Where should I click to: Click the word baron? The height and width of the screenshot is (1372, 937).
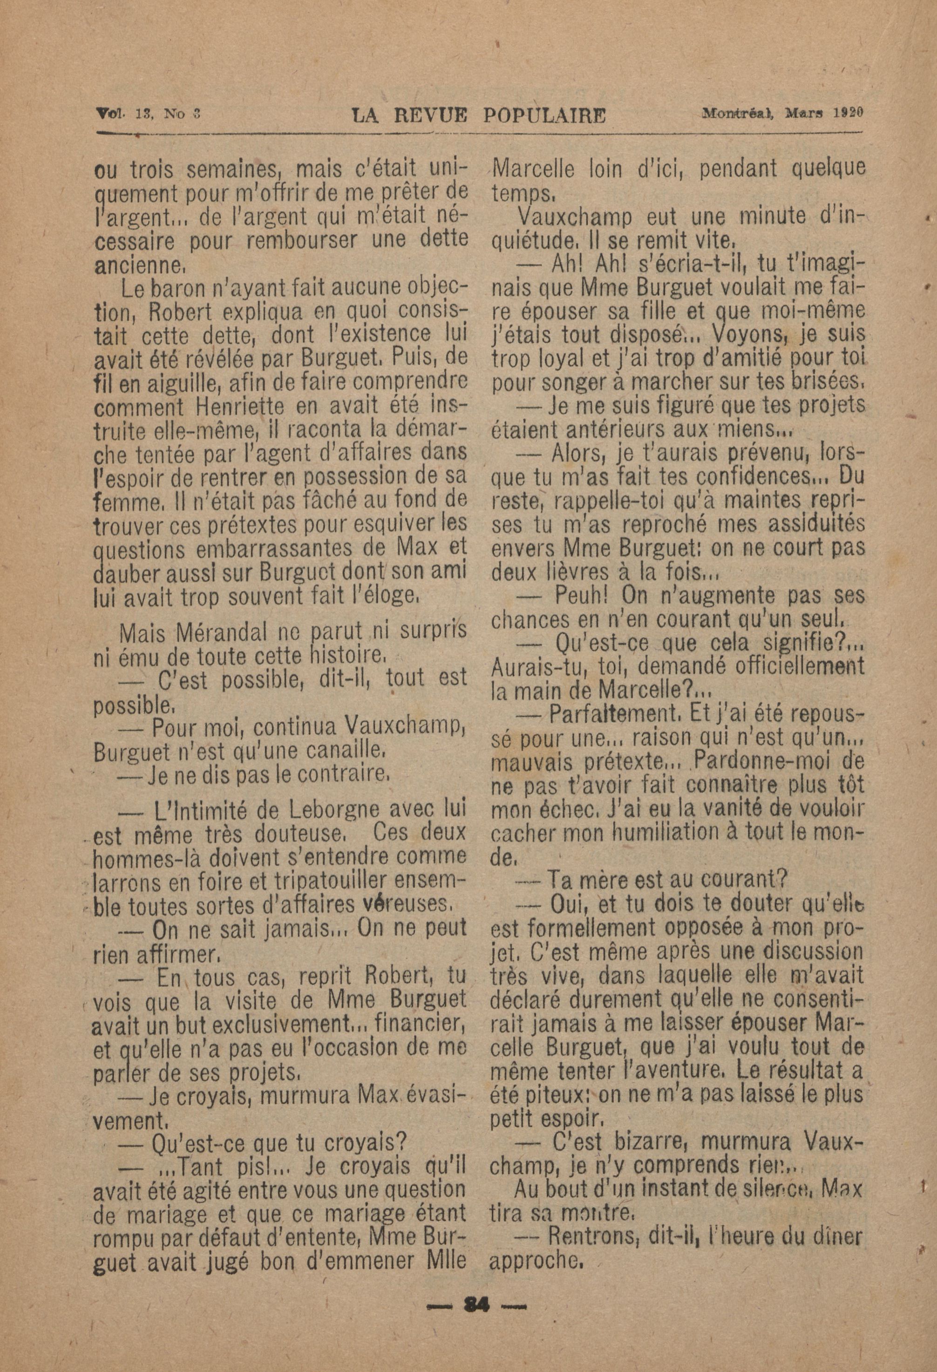(176, 288)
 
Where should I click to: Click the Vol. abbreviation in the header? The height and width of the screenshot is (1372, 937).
(109, 112)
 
